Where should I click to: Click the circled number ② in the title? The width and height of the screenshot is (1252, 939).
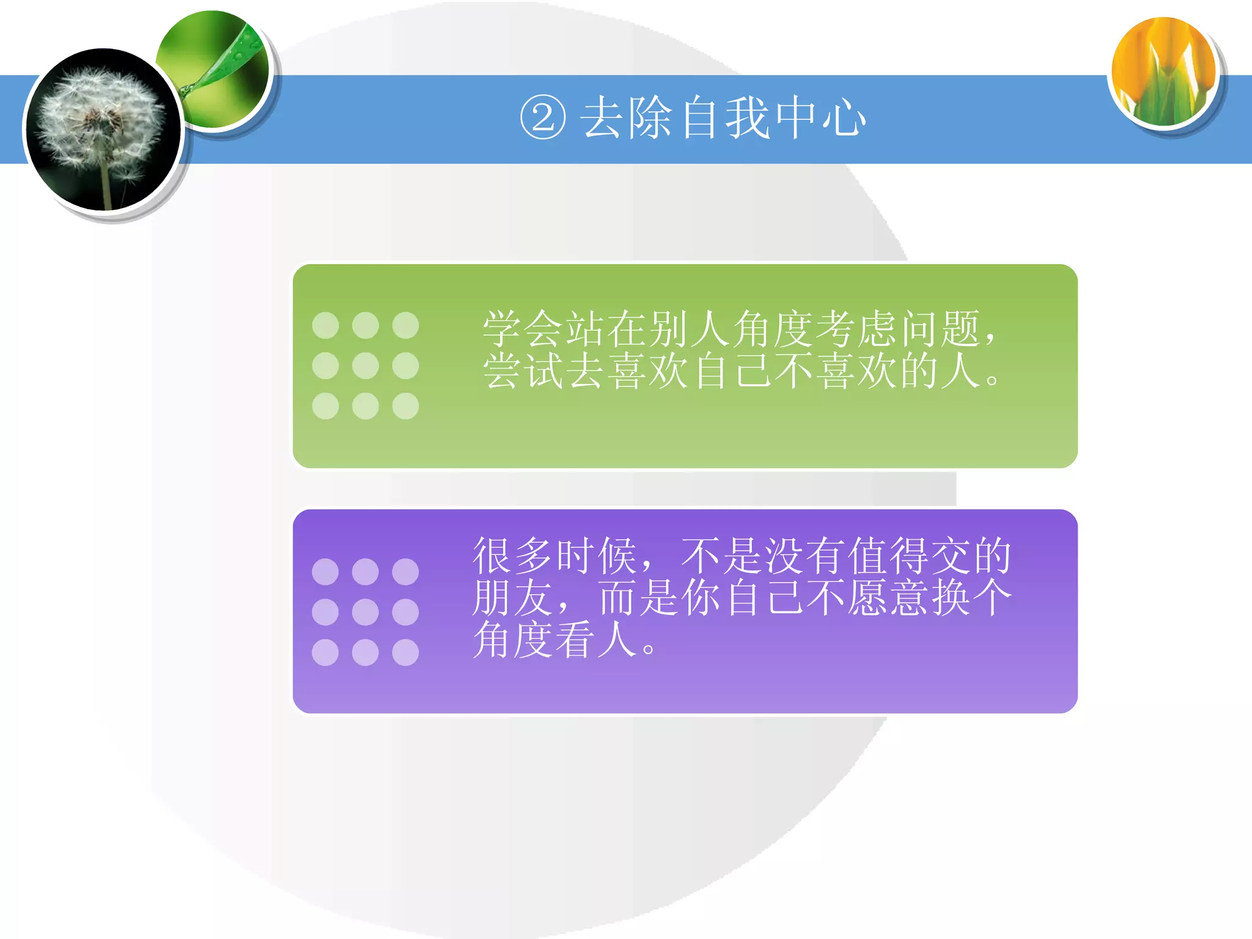pos(542,118)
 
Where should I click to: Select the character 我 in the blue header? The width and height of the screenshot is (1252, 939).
pos(747,118)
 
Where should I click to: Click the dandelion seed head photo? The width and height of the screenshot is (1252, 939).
pos(103,130)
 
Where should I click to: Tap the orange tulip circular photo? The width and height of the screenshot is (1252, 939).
pos(1164,72)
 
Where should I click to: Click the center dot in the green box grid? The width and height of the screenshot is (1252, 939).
pos(366,366)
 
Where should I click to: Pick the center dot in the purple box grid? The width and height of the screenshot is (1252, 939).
pos(366,612)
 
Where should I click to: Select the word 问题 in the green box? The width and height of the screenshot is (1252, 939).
pos(941,329)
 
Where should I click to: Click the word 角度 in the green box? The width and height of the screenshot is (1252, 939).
pos(773,329)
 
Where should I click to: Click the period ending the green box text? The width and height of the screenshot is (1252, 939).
pos(992,380)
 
